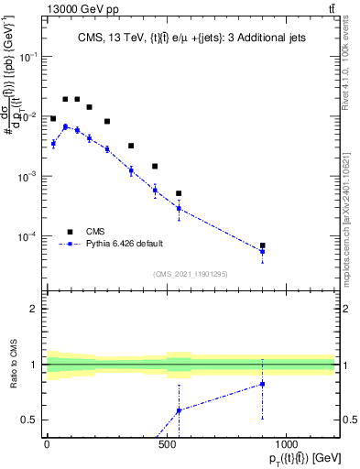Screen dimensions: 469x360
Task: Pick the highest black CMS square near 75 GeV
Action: [65, 99]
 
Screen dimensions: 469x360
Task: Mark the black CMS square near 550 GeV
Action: [179, 193]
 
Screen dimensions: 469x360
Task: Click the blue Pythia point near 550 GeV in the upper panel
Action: [179, 209]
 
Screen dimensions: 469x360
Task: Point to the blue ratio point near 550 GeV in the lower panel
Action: [179, 410]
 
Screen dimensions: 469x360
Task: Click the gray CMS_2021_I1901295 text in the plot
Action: [189, 274]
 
